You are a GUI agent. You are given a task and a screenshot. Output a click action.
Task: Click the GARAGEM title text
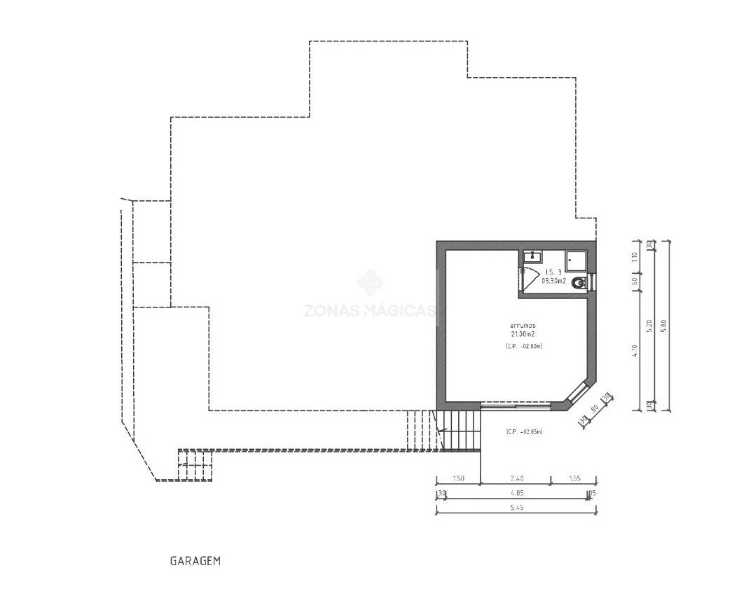(x=195, y=561)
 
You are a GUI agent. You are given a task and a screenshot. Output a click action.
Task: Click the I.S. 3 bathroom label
(x=553, y=272)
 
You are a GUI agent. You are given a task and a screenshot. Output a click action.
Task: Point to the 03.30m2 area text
(x=554, y=281)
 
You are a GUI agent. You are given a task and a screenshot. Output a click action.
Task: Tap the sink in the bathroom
(x=532, y=257)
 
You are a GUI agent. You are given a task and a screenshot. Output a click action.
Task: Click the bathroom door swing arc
(x=530, y=275)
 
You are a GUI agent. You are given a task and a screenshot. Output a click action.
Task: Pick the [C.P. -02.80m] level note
(x=524, y=347)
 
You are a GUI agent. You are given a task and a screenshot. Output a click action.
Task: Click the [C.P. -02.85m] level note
(x=524, y=432)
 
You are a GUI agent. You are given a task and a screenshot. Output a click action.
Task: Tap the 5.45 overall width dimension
(x=516, y=508)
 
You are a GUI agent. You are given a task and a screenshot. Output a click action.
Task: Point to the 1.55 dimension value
(x=574, y=479)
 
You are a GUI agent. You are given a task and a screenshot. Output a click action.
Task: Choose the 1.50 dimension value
(x=458, y=479)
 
